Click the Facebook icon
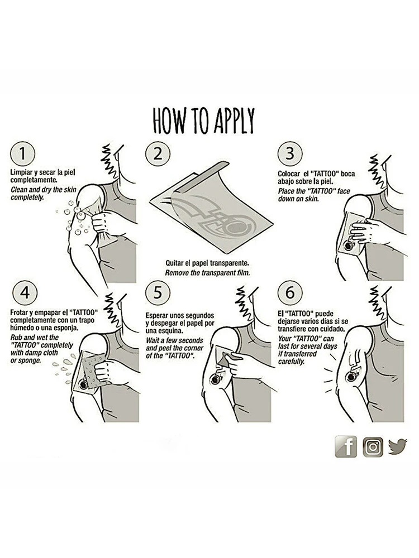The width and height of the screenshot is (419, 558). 346,447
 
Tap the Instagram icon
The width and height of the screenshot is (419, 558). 373,447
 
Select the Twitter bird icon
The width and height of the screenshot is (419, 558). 397,446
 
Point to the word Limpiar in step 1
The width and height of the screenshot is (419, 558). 21,173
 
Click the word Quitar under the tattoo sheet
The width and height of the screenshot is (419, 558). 174,264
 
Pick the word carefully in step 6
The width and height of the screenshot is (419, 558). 292,362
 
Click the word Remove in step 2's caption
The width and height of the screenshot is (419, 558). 175,273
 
